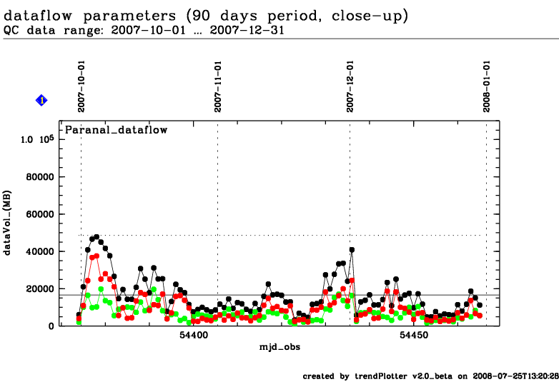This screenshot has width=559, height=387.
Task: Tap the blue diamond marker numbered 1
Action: [41, 101]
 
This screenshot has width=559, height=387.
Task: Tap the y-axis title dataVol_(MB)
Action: [9, 227]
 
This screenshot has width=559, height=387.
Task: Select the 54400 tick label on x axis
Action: [194, 334]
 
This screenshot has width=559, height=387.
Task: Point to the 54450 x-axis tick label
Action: [413, 334]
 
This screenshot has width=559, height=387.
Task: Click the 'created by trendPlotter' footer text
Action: [429, 376]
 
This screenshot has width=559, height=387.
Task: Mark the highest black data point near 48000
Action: [97, 236]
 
